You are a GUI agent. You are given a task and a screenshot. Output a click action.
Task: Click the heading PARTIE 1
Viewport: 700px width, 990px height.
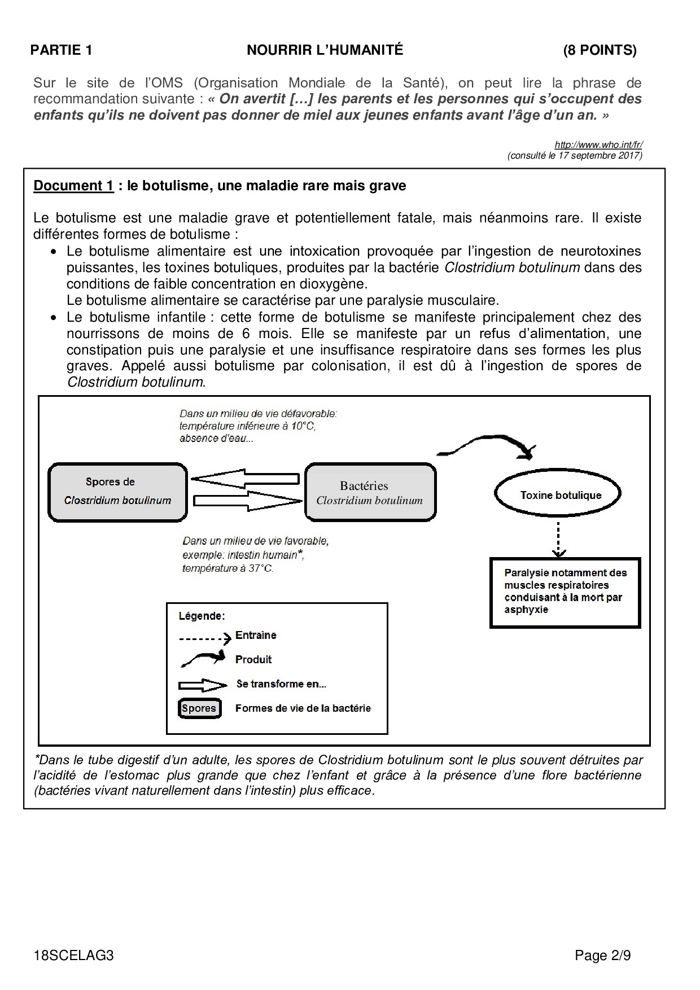[61, 51]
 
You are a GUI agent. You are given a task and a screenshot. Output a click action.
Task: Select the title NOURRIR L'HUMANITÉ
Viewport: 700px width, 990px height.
[325, 51]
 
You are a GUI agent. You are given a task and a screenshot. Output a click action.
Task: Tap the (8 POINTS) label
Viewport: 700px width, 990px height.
[600, 51]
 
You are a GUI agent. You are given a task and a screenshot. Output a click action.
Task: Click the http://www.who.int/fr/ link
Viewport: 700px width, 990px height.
[598, 145]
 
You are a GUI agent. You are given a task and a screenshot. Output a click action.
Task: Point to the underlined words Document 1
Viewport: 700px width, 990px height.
[73, 186]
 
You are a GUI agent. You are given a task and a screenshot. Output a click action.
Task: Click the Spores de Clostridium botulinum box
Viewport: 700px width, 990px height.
[117, 492]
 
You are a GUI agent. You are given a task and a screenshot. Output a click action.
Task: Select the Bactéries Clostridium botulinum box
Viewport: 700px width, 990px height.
[370, 492]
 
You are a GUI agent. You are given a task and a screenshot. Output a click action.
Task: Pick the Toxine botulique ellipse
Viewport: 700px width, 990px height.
[558, 495]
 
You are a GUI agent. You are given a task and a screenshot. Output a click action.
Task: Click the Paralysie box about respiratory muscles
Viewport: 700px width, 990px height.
[565, 592]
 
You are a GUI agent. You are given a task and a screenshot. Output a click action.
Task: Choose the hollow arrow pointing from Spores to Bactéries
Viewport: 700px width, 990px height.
[247, 500]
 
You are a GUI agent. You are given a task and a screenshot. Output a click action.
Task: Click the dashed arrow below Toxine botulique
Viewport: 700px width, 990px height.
[558, 540]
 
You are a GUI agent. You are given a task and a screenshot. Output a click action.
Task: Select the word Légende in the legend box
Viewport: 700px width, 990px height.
[202, 616]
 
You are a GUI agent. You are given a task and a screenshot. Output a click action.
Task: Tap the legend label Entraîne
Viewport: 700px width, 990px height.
[256, 636]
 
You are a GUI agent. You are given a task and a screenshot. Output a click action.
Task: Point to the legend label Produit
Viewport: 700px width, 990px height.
[253, 659]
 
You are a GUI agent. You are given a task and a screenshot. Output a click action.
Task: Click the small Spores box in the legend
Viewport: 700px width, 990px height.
[199, 708]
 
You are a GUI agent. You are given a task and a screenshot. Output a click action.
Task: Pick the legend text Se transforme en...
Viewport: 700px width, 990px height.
[281, 684]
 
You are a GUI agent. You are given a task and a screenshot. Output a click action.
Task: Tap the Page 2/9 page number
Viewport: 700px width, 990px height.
[602, 956]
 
